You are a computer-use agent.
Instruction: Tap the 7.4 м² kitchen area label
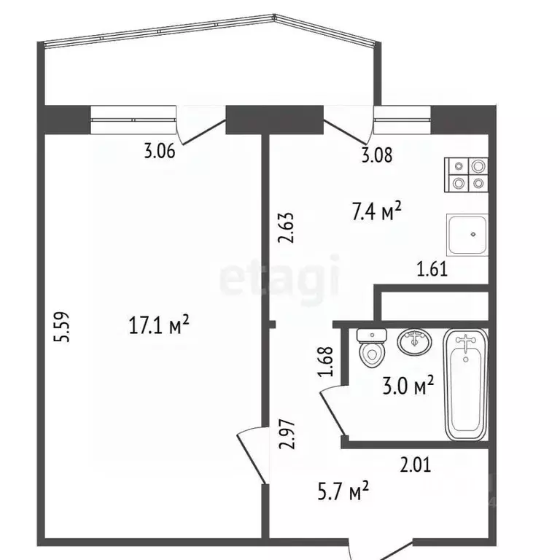[x=377, y=213]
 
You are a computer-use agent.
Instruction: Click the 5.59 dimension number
[x=66, y=327]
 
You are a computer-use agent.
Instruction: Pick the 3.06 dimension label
[x=159, y=152]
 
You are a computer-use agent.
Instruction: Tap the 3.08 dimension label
[x=377, y=154]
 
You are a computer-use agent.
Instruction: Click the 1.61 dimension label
[x=431, y=270]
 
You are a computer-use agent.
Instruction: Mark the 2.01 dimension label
[x=416, y=463]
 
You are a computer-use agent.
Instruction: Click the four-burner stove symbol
[x=467, y=176]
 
